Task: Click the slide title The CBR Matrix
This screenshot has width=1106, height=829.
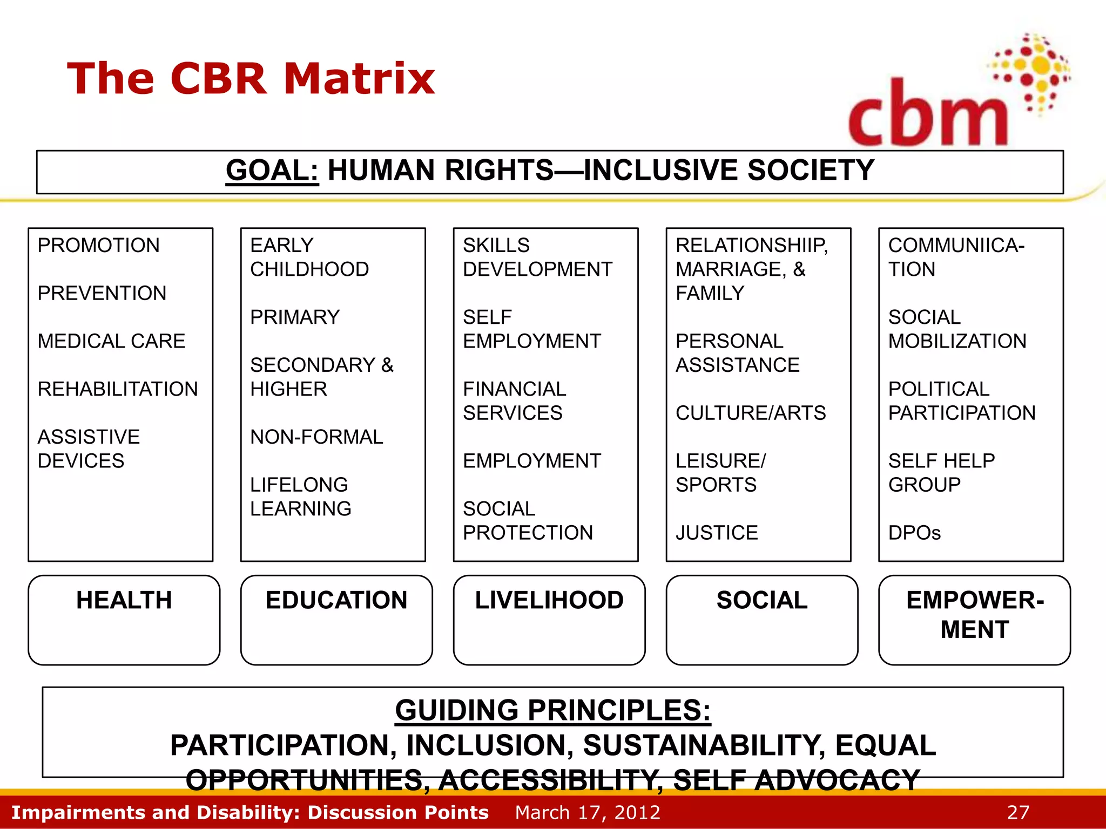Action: [251, 79]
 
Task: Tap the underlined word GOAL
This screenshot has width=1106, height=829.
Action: [272, 171]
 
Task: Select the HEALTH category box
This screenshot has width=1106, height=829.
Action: [124, 619]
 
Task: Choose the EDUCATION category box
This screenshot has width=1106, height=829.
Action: [336, 619]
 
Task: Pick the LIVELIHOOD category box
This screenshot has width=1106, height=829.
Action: [549, 619]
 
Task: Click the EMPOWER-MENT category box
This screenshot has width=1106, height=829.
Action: [974, 619]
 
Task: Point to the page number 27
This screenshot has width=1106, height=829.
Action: [1018, 812]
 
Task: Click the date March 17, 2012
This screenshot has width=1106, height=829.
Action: [588, 812]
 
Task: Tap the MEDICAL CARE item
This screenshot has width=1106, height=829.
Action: [111, 341]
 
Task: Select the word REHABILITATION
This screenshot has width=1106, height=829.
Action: [118, 389]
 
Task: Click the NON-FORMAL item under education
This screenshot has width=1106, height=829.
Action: [316, 437]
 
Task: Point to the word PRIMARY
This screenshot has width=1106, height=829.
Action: [295, 317]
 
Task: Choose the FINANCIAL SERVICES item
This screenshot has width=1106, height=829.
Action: [514, 401]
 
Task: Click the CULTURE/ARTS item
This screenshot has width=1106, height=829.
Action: [751, 413]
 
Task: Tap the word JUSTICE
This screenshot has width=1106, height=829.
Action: [717, 533]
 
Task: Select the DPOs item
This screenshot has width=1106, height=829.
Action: [914, 533]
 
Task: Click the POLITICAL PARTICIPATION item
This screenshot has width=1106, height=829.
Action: [961, 401]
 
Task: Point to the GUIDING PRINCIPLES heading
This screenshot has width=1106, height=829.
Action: [552, 710]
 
